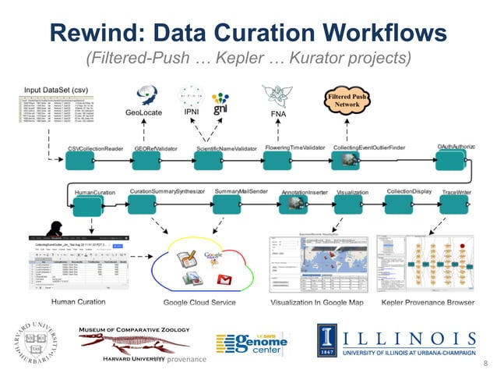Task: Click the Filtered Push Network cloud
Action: pyautogui.click(x=345, y=101)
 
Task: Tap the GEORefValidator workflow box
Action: pyautogui.click(x=146, y=161)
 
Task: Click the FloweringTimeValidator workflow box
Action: pyautogui.click(x=277, y=161)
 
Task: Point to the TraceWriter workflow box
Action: pyautogui.click(x=451, y=205)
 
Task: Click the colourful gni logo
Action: pyautogui.click(x=220, y=101)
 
